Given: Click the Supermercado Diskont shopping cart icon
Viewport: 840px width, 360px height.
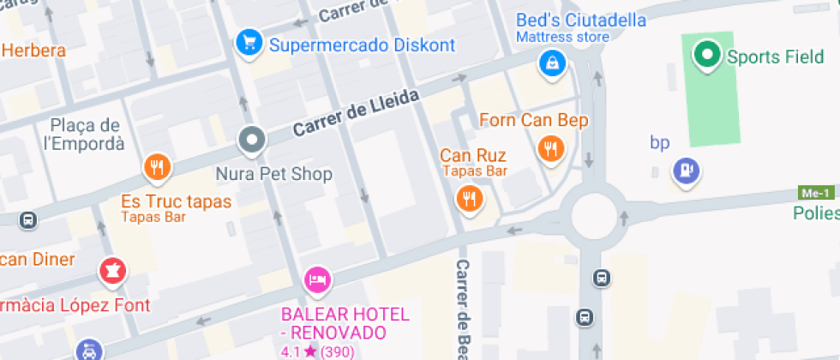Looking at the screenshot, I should coord(249,41).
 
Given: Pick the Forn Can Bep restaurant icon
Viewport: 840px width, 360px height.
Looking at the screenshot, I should coord(550,149).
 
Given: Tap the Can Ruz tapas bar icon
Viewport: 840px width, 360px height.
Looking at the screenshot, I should coord(469,200).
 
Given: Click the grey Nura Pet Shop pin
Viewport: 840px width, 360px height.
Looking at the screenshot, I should coord(252,140).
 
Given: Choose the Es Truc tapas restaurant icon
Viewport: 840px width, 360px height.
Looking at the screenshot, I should coord(156,167).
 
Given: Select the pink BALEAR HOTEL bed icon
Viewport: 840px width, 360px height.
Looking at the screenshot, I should coord(318,279).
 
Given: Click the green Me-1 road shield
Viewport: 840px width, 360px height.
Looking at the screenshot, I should coord(816,192).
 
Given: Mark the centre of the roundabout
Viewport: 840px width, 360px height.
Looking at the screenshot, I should coord(597,214).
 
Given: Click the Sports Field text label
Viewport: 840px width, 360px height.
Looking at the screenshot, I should coord(775,57).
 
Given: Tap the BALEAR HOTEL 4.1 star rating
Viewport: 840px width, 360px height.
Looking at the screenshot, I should coord(318,351).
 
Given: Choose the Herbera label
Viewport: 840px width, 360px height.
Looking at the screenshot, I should coord(33,51).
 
